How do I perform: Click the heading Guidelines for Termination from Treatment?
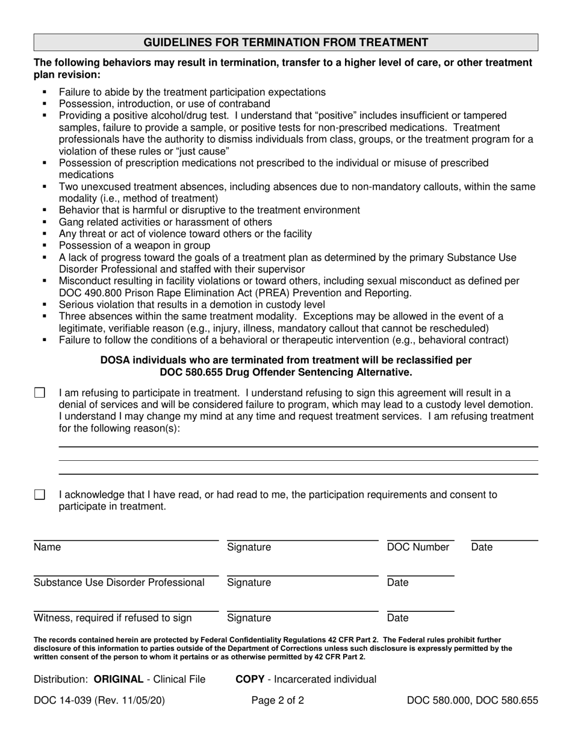[x=285, y=42]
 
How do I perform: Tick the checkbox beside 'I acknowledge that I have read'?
[x=40, y=495]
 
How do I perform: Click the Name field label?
[x=48, y=547]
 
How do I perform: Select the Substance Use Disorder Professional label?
[x=119, y=582]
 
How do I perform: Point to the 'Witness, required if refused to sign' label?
[x=113, y=618]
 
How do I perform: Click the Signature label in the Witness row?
[x=249, y=618]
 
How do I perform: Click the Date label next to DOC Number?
[x=482, y=547]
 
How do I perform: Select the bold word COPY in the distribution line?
[x=250, y=679]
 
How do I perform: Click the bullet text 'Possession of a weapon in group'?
[x=134, y=245]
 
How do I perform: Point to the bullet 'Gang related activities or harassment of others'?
[x=165, y=222]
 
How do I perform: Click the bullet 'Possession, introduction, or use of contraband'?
[x=164, y=104]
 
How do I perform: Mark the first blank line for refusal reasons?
[x=297, y=446]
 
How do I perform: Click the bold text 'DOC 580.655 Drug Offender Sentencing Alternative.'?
[x=286, y=372]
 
